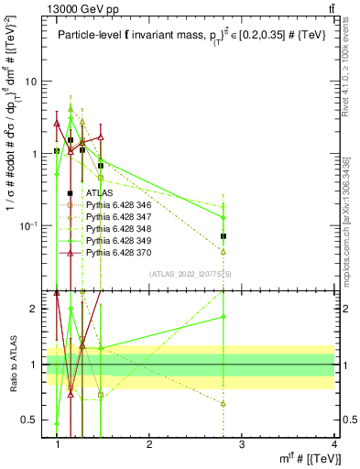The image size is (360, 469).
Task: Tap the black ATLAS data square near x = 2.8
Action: pos(224,236)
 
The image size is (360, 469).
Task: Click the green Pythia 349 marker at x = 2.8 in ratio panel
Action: pos(224,317)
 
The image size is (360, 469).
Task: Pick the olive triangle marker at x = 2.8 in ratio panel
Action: pos(224,403)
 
